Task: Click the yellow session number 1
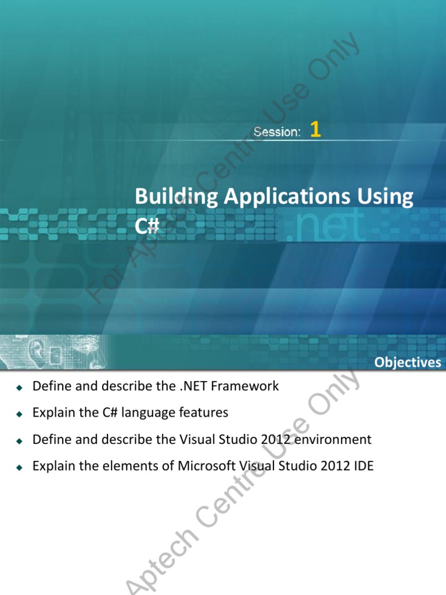(315, 130)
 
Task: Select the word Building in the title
(177, 197)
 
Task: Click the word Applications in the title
(287, 197)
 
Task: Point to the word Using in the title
(385, 197)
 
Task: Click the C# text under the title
(147, 226)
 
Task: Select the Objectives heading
(408, 363)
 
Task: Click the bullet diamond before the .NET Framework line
(19, 388)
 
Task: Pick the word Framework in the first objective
(244, 386)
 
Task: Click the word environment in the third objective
(333, 439)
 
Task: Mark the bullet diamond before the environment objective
(19, 441)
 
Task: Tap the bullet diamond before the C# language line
(19, 414)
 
